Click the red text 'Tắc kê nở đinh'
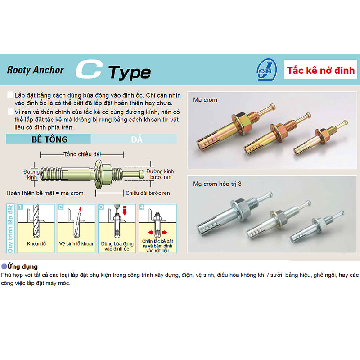click(321, 71)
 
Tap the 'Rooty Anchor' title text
click(36, 70)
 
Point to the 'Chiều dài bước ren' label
click(148, 193)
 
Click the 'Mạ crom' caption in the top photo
click(205, 99)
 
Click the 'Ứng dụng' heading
click(22, 266)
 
